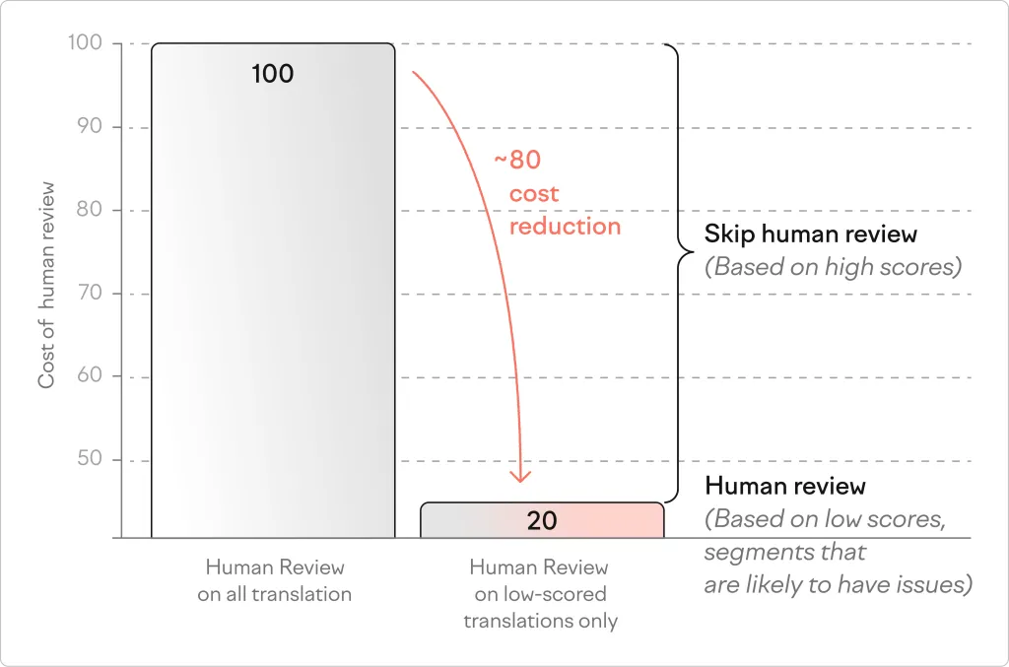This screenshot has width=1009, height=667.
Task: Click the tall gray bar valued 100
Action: click(273, 296)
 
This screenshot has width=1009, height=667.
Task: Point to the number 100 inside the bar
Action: click(273, 74)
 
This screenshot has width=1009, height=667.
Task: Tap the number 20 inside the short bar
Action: click(542, 520)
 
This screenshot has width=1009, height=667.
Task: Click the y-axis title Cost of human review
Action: click(46, 285)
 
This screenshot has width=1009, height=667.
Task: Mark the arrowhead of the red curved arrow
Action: click(520, 476)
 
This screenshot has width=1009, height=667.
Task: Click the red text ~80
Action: click(517, 160)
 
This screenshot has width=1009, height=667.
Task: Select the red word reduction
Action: click(565, 227)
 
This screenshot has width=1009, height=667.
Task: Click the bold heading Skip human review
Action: click(810, 234)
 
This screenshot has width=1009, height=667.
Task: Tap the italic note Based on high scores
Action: click(833, 266)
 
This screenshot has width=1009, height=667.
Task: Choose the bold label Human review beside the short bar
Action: click(785, 486)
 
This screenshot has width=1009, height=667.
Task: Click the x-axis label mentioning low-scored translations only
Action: click(540, 594)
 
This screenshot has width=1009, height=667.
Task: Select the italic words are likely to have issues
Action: click(838, 584)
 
